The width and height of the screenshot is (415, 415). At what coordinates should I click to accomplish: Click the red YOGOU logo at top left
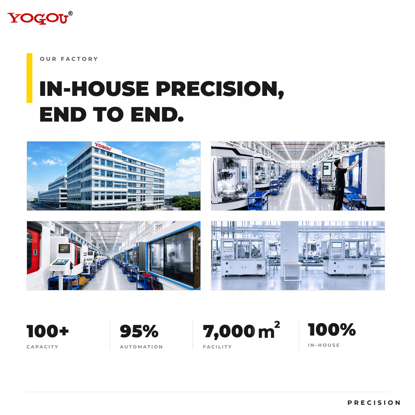[x=38, y=18]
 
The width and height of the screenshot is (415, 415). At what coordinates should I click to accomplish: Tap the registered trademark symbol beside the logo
[x=70, y=13]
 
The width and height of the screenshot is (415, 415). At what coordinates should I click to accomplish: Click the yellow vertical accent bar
[x=29, y=78]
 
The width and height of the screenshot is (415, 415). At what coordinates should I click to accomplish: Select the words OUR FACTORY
[x=69, y=59]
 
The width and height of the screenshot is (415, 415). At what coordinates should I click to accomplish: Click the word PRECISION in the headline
[x=220, y=89]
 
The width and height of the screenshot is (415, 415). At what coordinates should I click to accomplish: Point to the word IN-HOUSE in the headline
[x=94, y=89]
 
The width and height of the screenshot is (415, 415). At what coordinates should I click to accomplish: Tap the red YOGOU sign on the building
[x=103, y=147]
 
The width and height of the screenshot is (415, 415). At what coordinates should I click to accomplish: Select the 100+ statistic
[x=48, y=331]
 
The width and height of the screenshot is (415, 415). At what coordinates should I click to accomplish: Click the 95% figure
[x=139, y=331]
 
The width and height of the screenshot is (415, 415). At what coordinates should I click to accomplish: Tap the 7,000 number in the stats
[x=229, y=332]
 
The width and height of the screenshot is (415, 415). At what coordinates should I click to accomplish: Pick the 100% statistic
[x=332, y=329]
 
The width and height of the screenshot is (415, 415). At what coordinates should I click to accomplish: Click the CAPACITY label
[x=42, y=347]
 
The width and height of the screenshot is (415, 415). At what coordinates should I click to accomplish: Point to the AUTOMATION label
[x=141, y=347]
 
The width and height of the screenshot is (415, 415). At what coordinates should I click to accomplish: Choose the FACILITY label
[x=217, y=347]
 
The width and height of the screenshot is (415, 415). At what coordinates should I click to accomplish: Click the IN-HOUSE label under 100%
[x=324, y=345]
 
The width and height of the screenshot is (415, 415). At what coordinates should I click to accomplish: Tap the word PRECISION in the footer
[x=374, y=403]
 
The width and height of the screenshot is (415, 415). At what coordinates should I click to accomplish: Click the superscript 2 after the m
[x=277, y=325]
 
